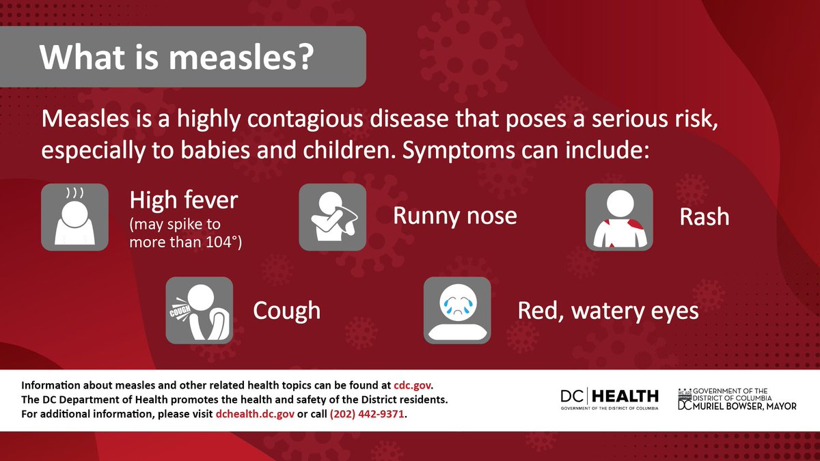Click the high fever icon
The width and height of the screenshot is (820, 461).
pyautogui.click(x=74, y=216)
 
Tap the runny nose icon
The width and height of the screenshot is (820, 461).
pyautogui.click(x=333, y=216)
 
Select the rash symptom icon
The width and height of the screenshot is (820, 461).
pyautogui.click(x=620, y=216)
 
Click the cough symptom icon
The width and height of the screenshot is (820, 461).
pyautogui.click(x=199, y=310)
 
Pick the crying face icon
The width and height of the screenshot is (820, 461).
pyautogui.click(x=457, y=310)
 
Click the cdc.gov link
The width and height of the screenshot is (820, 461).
pyautogui.click(x=413, y=385)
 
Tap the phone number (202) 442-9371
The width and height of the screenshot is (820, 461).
pyautogui.click(x=368, y=415)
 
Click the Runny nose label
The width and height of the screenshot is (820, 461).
pyautogui.click(x=454, y=216)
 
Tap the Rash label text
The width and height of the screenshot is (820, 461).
pyautogui.click(x=704, y=217)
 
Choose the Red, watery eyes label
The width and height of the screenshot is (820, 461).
pyautogui.click(x=608, y=311)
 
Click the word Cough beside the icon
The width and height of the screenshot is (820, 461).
pyautogui.click(x=286, y=311)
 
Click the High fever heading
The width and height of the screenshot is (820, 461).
pyautogui.click(x=183, y=200)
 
